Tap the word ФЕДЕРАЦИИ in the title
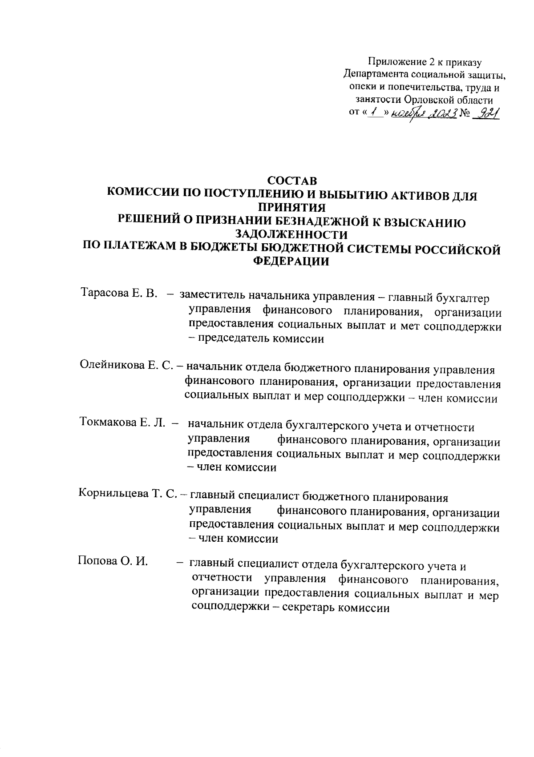(291, 262)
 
